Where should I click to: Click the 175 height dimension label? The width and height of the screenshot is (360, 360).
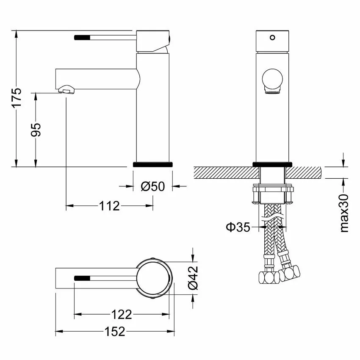coord(16,99)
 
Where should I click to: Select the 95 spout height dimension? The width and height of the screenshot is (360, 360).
coord(36,129)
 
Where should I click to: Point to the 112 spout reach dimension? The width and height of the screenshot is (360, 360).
coord(109,206)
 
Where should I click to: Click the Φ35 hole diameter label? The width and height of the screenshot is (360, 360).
coord(238,227)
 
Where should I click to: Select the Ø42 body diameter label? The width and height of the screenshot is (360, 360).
coord(193,277)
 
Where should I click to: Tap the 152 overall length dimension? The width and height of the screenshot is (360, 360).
coord(115,332)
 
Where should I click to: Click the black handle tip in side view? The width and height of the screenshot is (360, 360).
coord(83,37)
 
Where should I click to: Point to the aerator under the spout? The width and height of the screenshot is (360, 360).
coord(66,89)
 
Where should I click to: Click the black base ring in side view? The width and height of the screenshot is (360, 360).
coord(152,164)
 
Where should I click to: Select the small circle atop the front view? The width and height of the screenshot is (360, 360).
coord(272,37)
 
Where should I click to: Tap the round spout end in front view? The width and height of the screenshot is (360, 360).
coord(272,80)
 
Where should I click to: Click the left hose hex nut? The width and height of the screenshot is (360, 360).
coord(269,277)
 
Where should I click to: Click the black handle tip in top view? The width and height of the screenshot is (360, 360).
coord(83,278)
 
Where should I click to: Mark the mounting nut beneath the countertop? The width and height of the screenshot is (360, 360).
coord(273,195)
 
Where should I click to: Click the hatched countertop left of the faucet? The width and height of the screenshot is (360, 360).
coord(224,172)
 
